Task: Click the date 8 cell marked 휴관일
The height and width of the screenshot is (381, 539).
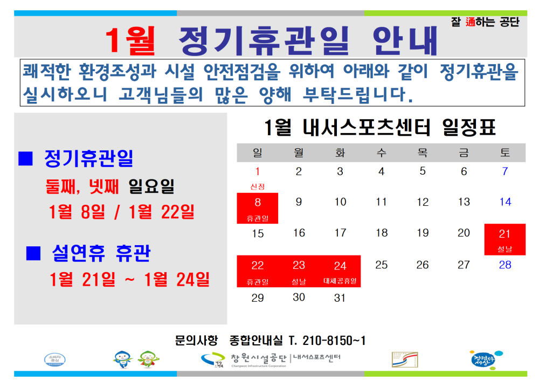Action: [x=258, y=208]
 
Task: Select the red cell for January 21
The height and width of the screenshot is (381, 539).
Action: [x=505, y=239]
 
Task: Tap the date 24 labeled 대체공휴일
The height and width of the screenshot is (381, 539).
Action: [x=340, y=271]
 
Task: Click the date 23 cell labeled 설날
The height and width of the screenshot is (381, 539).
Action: [x=299, y=271]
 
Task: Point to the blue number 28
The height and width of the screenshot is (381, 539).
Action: [x=505, y=265]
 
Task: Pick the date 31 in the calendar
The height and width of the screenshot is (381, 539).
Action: [x=340, y=297]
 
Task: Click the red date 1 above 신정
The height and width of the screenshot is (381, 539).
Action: [x=258, y=171]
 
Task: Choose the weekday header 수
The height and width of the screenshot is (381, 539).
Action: [x=381, y=153]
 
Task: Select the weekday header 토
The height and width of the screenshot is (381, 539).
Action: [x=505, y=153]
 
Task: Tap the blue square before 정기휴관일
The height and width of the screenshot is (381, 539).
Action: [x=26, y=158]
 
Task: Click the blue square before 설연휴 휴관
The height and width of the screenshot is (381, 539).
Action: [x=33, y=252]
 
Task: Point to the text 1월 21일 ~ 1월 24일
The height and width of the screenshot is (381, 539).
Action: [x=129, y=280]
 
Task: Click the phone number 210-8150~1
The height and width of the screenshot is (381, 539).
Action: [x=327, y=341]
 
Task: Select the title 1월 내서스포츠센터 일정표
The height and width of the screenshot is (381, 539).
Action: [x=381, y=128]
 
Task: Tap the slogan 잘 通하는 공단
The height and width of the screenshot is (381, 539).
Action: [x=485, y=23]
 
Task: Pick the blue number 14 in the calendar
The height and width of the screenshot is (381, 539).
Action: [x=505, y=202]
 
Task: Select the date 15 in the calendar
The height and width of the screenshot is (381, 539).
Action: [x=258, y=233]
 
